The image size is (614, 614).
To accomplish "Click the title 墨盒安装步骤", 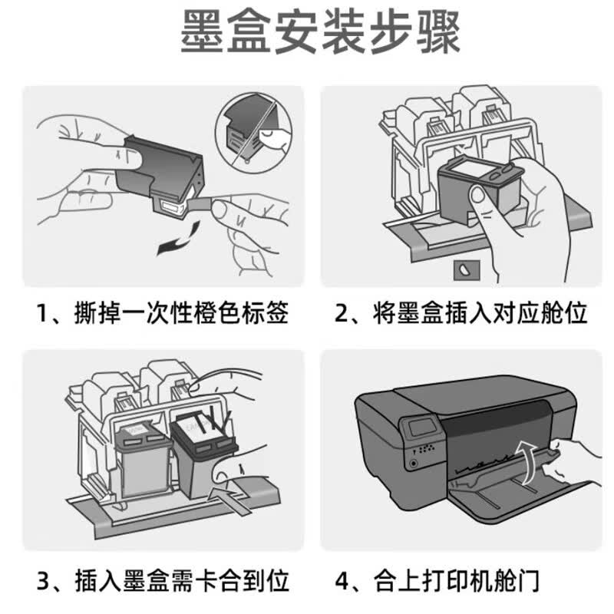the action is pos(320,31).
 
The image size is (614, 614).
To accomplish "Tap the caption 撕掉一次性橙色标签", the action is pos(182,312).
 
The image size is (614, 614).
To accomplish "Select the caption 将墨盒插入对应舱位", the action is pos(480,312).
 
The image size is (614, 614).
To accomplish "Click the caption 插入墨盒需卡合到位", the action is pos(182,580).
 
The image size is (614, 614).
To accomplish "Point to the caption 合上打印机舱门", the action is pos(457,580).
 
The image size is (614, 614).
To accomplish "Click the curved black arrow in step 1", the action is pos(179,239).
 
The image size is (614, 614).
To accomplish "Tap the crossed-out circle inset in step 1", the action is pos(254,128).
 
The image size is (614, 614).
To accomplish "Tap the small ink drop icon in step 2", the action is pos(467,270).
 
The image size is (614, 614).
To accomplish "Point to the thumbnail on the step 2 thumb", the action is pos(477,194).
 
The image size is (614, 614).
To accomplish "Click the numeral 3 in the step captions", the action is pos(43,581).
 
